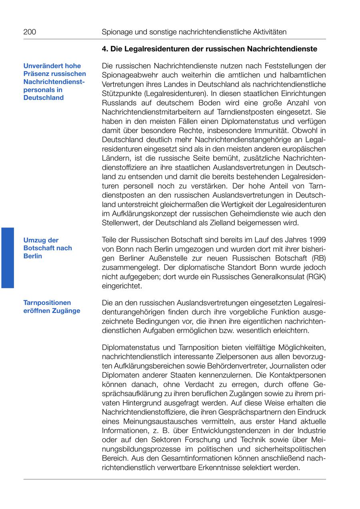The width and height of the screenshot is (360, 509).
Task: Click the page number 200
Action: tap(30, 32)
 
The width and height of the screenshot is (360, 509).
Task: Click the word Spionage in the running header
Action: tap(116, 32)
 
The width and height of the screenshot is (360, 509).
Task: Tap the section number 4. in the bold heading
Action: tap(105, 49)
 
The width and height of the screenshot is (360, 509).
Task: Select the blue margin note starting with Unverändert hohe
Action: tap(54, 82)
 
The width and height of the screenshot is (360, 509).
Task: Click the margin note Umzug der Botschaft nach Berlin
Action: tap(48, 248)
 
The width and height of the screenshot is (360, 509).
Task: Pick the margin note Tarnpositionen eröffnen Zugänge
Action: tap(52, 307)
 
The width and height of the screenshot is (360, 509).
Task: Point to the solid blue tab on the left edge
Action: tap(7, 257)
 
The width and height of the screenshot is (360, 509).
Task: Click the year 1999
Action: tap(317, 240)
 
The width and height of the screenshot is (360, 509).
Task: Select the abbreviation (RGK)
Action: tap(316, 277)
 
